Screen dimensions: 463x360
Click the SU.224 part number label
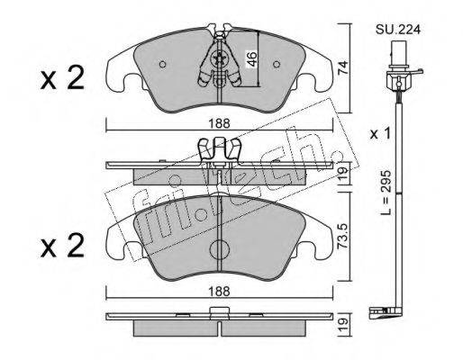(398, 30)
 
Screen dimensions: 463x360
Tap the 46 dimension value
(252, 58)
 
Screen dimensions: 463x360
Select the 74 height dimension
(342, 67)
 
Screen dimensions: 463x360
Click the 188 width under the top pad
(220, 123)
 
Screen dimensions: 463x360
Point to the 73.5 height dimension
(343, 235)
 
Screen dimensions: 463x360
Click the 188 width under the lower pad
(220, 291)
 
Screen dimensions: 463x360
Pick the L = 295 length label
(386, 193)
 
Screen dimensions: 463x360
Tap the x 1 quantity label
(380, 133)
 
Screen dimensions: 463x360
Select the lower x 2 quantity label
(62, 246)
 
